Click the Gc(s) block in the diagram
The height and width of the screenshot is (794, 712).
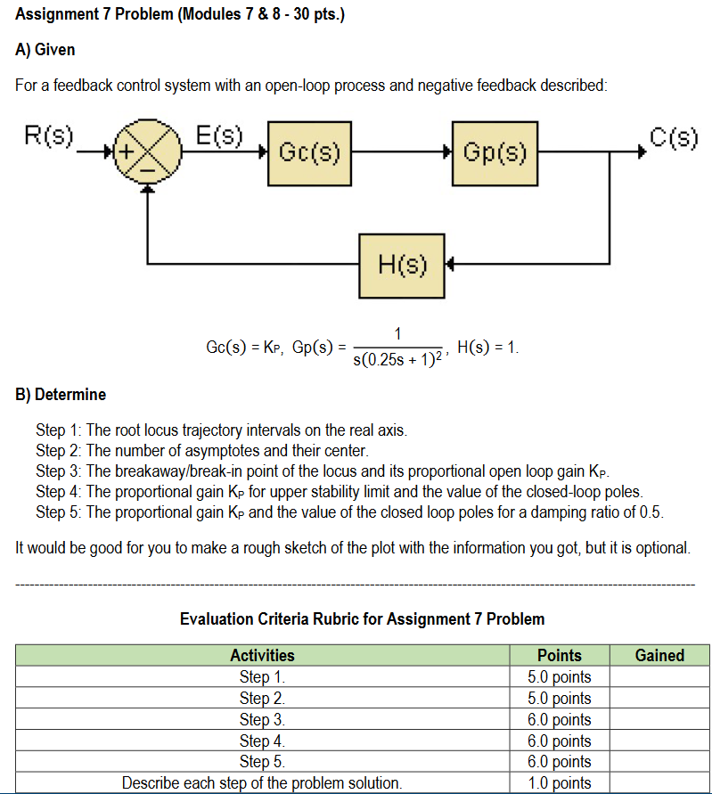point(309,151)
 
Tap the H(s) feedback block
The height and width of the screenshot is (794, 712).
point(402,265)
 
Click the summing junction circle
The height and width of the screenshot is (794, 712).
point(145,153)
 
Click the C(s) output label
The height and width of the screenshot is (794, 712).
point(674,137)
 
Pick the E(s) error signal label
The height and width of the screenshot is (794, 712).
point(218,136)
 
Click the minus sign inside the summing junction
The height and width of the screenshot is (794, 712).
point(145,167)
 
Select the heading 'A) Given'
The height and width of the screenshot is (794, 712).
point(45,50)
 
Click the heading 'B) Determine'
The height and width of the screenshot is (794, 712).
point(61,394)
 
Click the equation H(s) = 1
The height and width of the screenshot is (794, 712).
point(487,346)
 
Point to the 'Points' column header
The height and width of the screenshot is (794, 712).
point(560,655)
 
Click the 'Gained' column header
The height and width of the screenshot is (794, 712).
point(659,655)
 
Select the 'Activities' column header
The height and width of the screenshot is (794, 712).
point(262,655)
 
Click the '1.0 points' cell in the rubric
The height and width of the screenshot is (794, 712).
point(560,783)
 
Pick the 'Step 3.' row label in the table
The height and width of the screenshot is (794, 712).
point(262,719)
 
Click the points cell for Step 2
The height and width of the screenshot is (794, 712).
point(560,698)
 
